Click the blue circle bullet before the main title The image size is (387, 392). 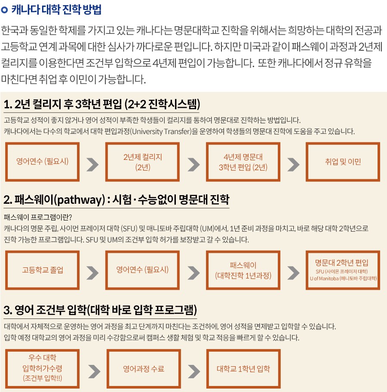[x=4, y=10]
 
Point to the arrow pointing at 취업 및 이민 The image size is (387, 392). [x=293, y=165]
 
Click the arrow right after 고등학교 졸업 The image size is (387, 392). [x=92, y=273]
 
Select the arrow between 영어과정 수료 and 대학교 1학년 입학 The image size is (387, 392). [x=194, y=371]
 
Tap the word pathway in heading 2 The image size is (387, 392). [x=81, y=200]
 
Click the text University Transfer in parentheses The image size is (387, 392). [x=162, y=132]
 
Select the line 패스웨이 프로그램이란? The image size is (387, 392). [x=38, y=217]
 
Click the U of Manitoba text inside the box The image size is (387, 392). [x=324, y=279]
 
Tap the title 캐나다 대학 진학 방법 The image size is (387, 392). [x=56, y=10]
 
